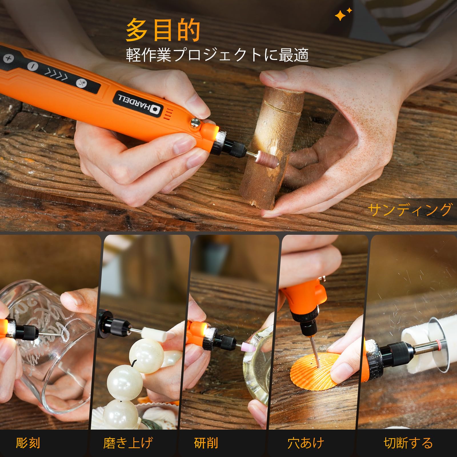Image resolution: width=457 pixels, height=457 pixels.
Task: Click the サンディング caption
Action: coord(410,210)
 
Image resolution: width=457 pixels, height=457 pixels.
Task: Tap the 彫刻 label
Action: coord(28,443)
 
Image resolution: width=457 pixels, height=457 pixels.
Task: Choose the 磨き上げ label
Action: coord(128,443)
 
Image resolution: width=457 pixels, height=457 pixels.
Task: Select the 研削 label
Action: coord(206,443)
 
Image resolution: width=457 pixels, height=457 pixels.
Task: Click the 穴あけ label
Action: coord(306,443)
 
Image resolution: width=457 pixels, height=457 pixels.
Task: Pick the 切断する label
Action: coord(408,443)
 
